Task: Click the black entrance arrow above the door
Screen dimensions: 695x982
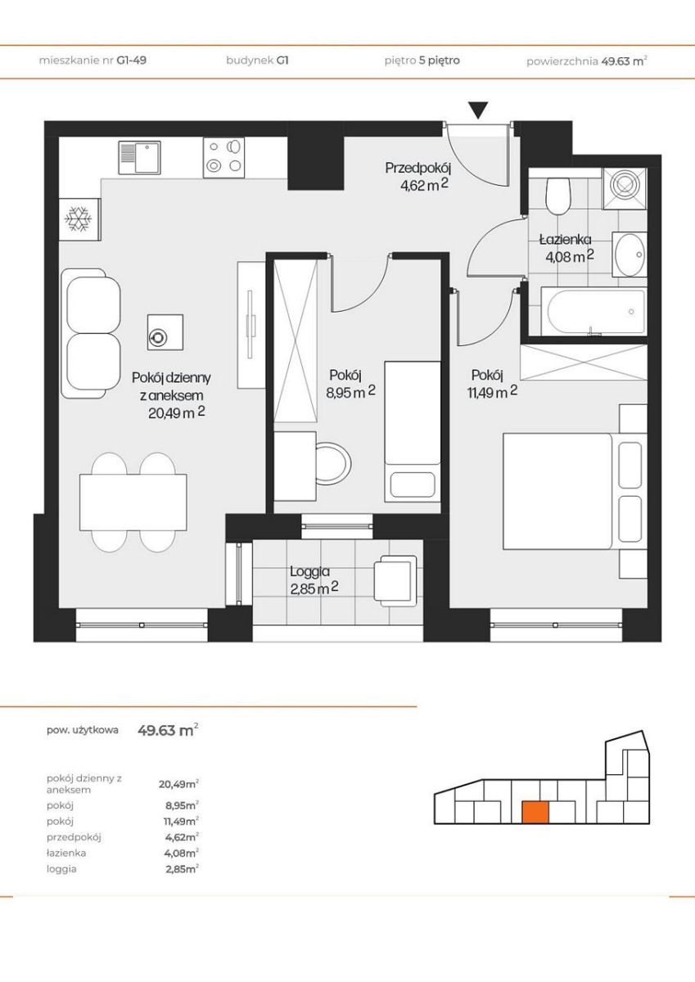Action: click(x=478, y=110)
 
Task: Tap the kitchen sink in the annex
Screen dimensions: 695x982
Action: click(x=139, y=157)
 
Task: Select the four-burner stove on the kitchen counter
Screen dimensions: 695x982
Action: click(x=223, y=157)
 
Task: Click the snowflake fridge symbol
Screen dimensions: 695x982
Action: click(x=78, y=218)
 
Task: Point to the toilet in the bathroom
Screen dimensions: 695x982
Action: click(x=558, y=196)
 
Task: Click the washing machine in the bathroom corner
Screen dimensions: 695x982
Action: click(x=625, y=187)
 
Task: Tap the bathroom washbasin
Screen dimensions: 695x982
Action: click(x=630, y=255)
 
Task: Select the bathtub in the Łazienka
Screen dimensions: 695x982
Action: click(x=593, y=311)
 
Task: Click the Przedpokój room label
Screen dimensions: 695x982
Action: click(x=418, y=169)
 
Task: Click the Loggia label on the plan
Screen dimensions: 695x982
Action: click(x=309, y=571)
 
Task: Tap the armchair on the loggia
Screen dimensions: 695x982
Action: click(x=395, y=581)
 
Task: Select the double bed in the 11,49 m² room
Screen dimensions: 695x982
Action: click(x=557, y=491)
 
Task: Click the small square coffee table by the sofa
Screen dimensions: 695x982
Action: click(x=165, y=332)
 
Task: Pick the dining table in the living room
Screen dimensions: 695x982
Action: click(x=133, y=502)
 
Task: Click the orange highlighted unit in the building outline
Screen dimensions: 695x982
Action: click(x=535, y=813)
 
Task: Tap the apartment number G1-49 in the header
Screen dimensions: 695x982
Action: click(x=131, y=60)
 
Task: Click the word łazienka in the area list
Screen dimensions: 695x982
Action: click(x=66, y=853)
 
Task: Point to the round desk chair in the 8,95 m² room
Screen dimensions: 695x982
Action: click(x=332, y=464)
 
